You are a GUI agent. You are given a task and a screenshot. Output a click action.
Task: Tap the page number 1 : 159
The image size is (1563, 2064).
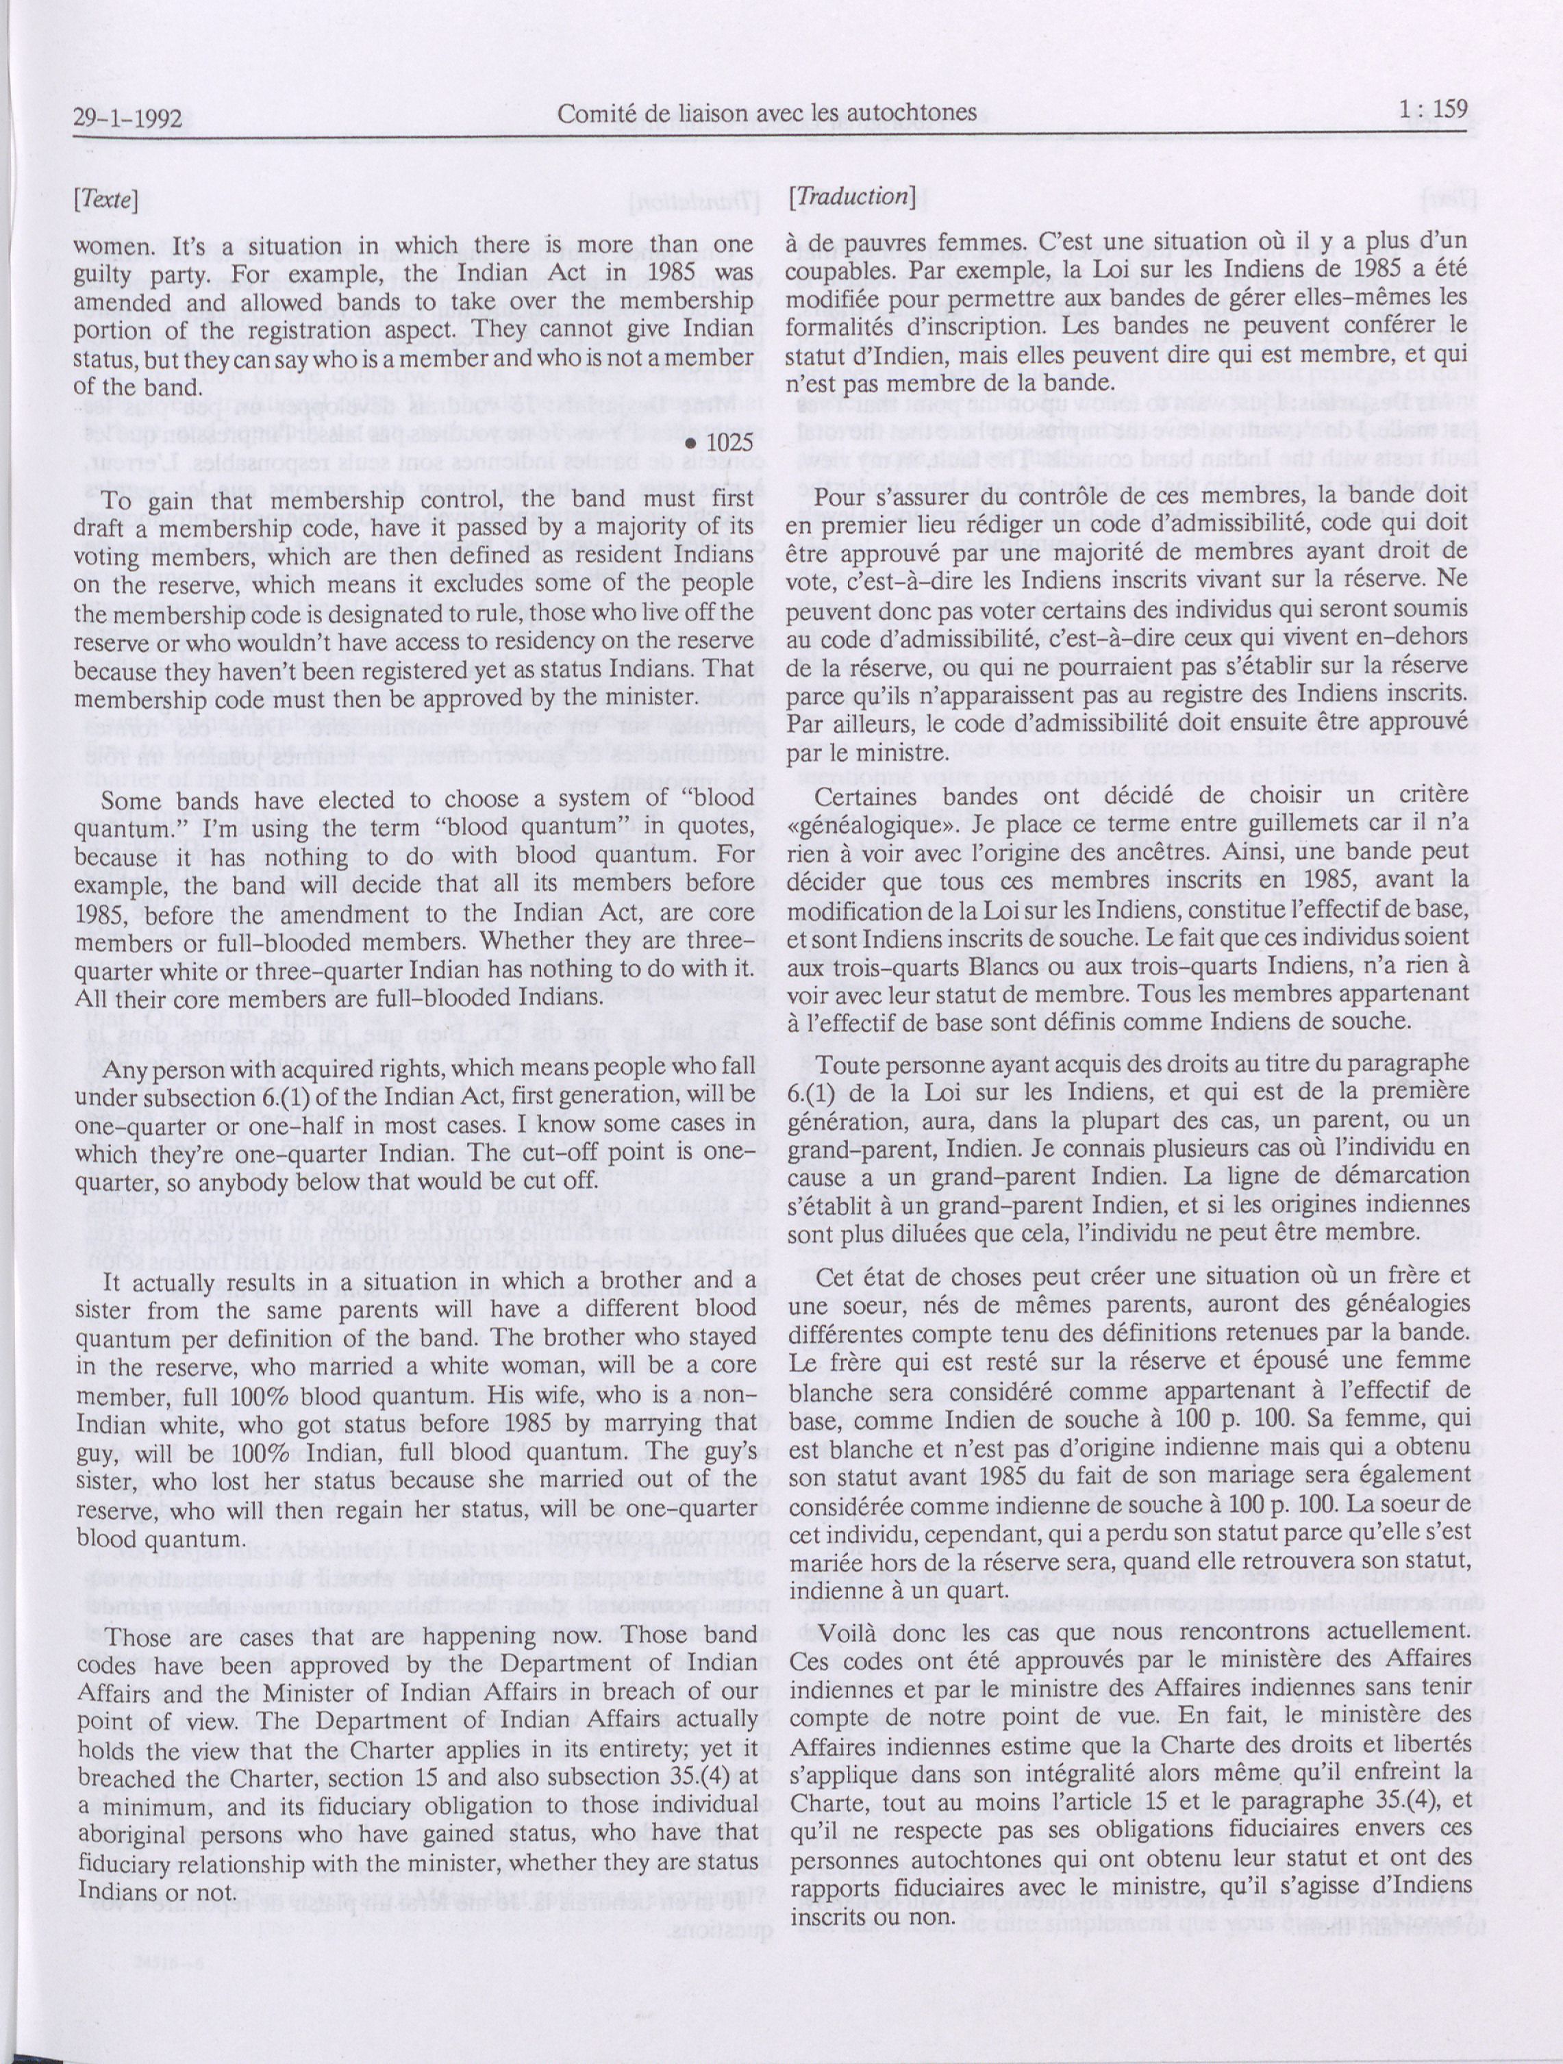[x=1435, y=110]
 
